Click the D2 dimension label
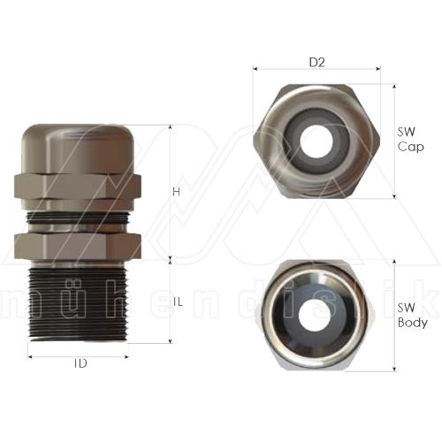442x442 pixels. pyautogui.click(x=316, y=63)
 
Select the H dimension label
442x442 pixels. pyautogui.click(x=177, y=192)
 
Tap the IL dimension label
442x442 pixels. pyautogui.click(x=177, y=302)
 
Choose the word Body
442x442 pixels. pyautogui.click(x=412, y=323)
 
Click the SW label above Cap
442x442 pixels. pyautogui.click(x=406, y=132)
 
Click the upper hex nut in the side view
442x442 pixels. pyautogui.click(x=78, y=186)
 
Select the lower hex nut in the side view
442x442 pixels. pyautogui.click(x=78, y=245)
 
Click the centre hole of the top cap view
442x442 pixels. pyautogui.click(x=317, y=138)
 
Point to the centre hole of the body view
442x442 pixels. pyautogui.click(x=316, y=316)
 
